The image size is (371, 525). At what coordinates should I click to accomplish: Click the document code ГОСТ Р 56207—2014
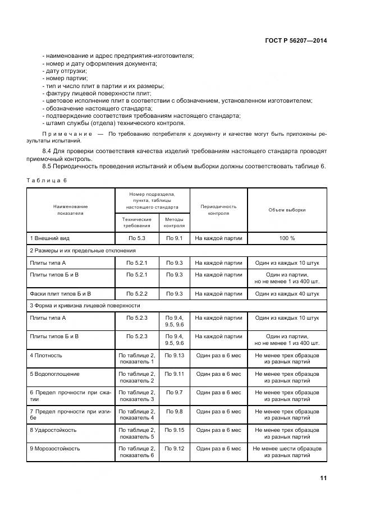pyautogui.click(x=296, y=40)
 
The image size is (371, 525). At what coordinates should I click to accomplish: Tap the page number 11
pyautogui.click(x=323, y=478)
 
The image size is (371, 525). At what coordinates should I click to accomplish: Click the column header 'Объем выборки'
pyautogui.click(x=287, y=210)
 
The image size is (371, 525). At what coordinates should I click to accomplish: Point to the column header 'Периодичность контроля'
pyautogui.click(x=218, y=210)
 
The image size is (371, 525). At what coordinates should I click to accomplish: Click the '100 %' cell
pyautogui.click(x=287, y=238)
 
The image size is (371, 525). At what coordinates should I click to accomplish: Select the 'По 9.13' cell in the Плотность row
pyautogui.click(x=175, y=356)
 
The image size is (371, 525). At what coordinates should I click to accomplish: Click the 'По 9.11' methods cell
pyautogui.click(x=175, y=374)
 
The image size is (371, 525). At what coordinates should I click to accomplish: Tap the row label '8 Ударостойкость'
pyautogui.click(x=53, y=430)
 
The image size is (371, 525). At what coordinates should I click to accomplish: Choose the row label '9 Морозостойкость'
pyautogui.click(x=54, y=449)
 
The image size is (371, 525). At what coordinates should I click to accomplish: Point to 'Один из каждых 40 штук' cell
pyautogui.click(x=287, y=293)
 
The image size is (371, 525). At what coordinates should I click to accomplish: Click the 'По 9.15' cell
pyautogui.click(x=175, y=430)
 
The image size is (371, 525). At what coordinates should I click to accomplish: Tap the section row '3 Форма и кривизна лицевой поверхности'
pyautogui.click(x=84, y=306)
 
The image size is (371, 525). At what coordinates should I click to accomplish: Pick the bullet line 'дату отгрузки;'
pyautogui.click(x=65, y=71)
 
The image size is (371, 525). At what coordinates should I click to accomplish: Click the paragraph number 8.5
pyautogui.click(x=49, y=167)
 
